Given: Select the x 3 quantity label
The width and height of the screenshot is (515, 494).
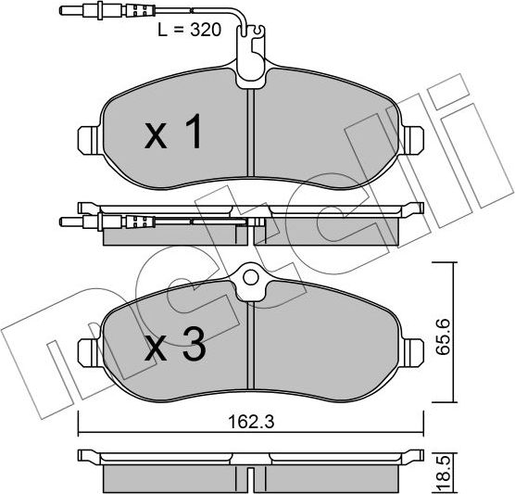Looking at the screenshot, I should pyautogui.click(x=175, y=348).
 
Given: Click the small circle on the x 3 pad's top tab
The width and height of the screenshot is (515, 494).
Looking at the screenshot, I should pyautogui.click(x=251, y=277).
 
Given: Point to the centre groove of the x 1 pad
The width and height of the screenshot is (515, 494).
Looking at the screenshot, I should pyautogui.click(x=251, y=139).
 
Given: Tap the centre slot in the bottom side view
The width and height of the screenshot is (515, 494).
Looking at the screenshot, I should pyautogui.click(x=251, y=478).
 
